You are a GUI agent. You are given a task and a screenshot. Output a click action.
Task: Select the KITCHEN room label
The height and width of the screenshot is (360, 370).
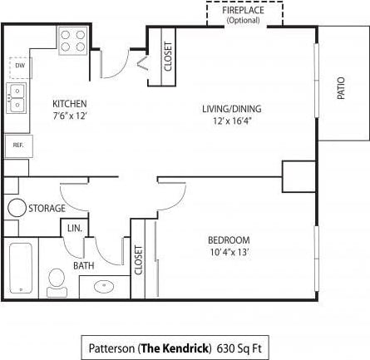[69, 104]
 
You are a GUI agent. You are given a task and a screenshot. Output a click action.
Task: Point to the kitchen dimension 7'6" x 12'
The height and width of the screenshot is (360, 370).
[69, 116]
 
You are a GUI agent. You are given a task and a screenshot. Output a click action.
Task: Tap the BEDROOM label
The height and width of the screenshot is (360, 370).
[228, 241]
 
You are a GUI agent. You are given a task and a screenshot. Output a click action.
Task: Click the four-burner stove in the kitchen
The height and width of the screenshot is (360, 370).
[73, 41]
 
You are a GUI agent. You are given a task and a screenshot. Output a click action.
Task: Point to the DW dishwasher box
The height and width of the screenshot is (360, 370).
[19, 66]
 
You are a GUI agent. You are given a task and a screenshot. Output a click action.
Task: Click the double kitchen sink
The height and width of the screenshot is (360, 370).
[17, 97]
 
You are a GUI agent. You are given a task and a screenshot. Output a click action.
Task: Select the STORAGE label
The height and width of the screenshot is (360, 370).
[47, 208]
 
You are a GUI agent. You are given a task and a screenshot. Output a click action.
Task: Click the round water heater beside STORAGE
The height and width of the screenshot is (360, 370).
[17, 208]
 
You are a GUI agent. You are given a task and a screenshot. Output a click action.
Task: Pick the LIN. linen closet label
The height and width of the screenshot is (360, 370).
[74, 228]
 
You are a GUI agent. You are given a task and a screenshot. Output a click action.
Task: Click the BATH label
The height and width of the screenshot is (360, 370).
[84, 266]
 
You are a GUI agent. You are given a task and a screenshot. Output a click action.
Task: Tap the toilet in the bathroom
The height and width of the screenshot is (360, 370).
[57, 281]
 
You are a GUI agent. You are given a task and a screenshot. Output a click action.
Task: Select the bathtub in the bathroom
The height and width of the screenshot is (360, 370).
[20, 269]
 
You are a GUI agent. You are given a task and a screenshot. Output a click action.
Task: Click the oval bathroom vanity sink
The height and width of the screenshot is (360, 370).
[104, 287]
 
